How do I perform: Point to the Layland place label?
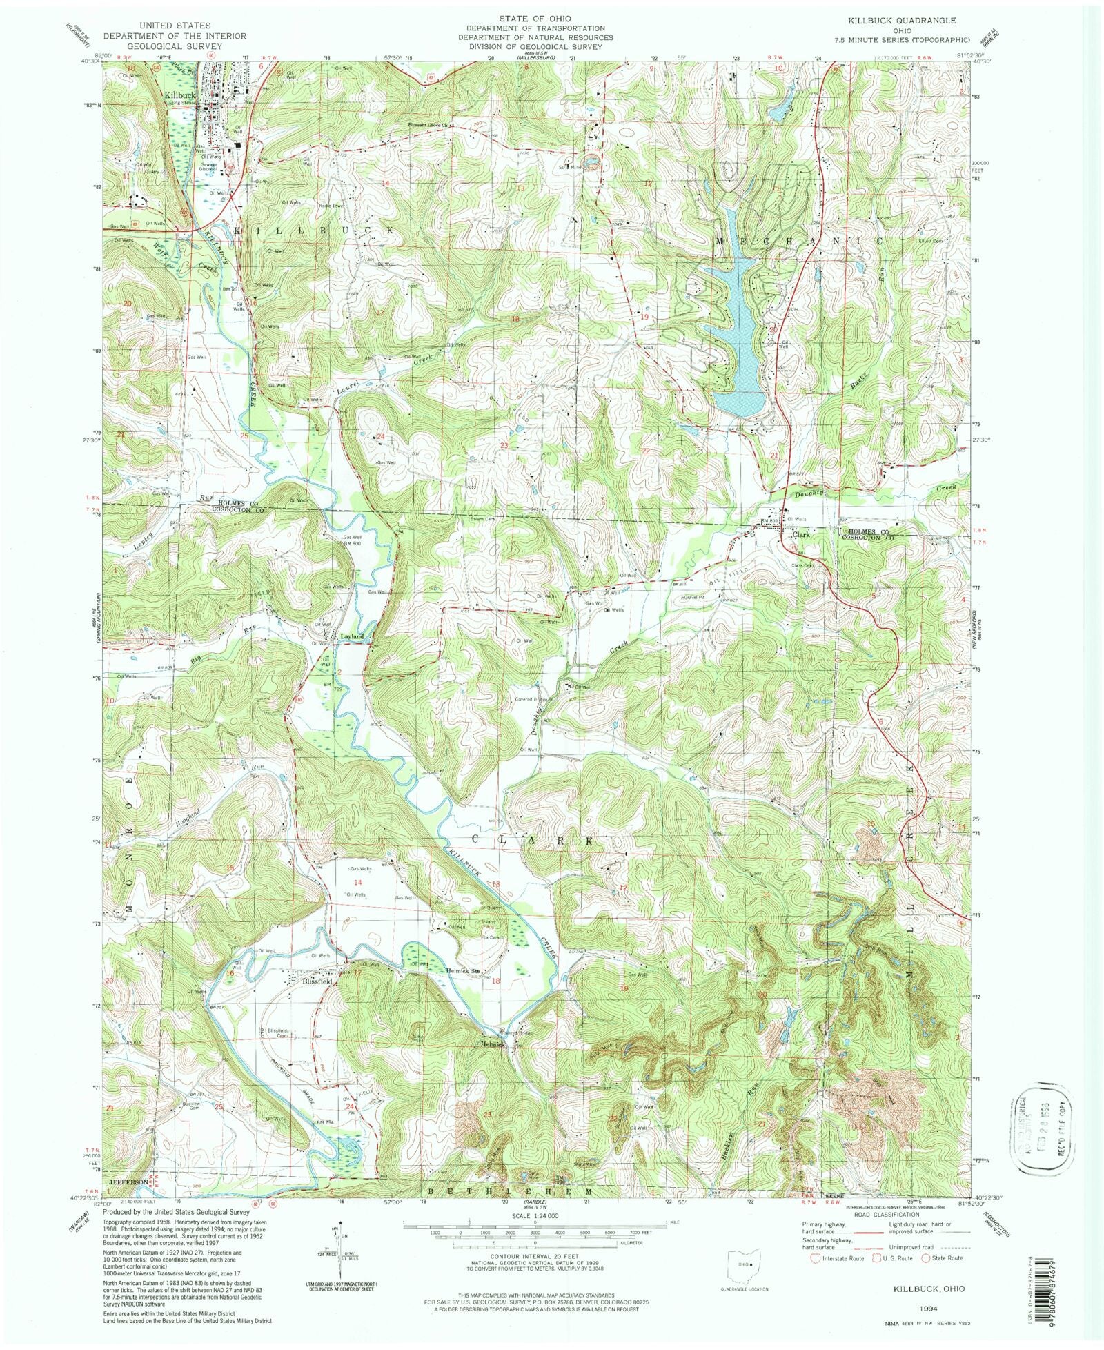click(x=351, y=636)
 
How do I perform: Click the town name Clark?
click(x=800, y=534)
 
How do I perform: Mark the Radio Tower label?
click(x=331, y=204)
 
